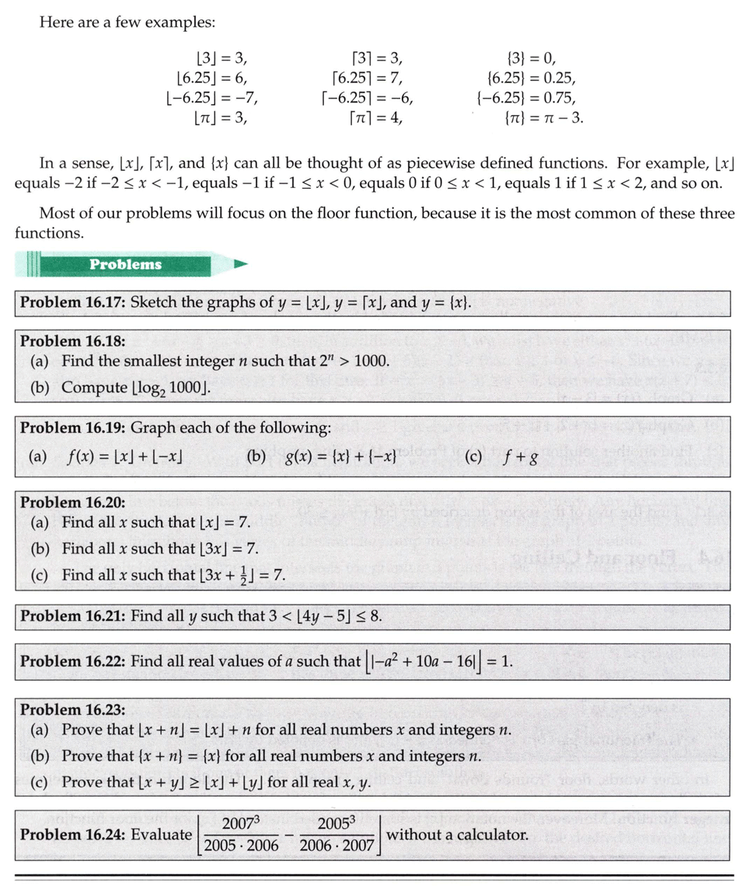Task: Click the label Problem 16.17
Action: coord(73,302)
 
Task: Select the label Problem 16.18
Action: coord(73,340)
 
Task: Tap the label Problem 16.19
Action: coord(73,427)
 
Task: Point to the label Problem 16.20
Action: coord(73,502)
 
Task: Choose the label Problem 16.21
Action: coord(73,616)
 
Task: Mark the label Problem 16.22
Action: coord(73,661)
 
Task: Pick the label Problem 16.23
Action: coord(73,709)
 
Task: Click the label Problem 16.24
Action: coord(73,835)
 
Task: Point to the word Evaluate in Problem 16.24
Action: coord(161,835)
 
